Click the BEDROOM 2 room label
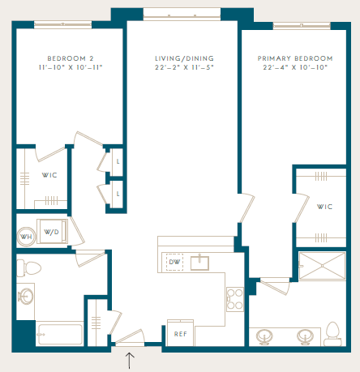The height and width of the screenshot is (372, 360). pos(71,58)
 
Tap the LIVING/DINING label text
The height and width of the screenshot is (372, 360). pos(184,58)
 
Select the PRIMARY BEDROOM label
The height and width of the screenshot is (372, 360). pos(295,58)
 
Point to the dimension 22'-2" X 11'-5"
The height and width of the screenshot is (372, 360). pos(184,67)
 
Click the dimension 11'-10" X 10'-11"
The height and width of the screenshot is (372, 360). pos(71,67)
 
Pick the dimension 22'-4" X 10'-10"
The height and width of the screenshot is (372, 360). pos(295,67)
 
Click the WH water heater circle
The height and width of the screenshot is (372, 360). pos(26,237)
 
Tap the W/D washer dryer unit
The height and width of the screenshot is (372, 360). pos(52,232)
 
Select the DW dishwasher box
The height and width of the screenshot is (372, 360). pos(174,262)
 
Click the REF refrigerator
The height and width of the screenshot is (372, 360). pos(180,333)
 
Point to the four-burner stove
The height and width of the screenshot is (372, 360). pos(235,299)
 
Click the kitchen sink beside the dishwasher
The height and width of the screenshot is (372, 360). pos(199,263)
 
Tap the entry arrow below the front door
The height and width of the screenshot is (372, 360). pos(130,361)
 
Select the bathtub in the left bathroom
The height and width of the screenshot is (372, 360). pos(60,334)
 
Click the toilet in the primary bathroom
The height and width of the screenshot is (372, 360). pos(333,334)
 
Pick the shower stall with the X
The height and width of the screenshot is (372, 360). pos(322,266)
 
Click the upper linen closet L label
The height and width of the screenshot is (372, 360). pos(118,161)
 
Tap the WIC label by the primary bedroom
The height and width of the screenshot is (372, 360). pos(324,207)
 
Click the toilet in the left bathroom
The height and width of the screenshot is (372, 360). pos(29,268)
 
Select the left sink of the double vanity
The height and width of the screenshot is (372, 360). pos(264,336)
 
